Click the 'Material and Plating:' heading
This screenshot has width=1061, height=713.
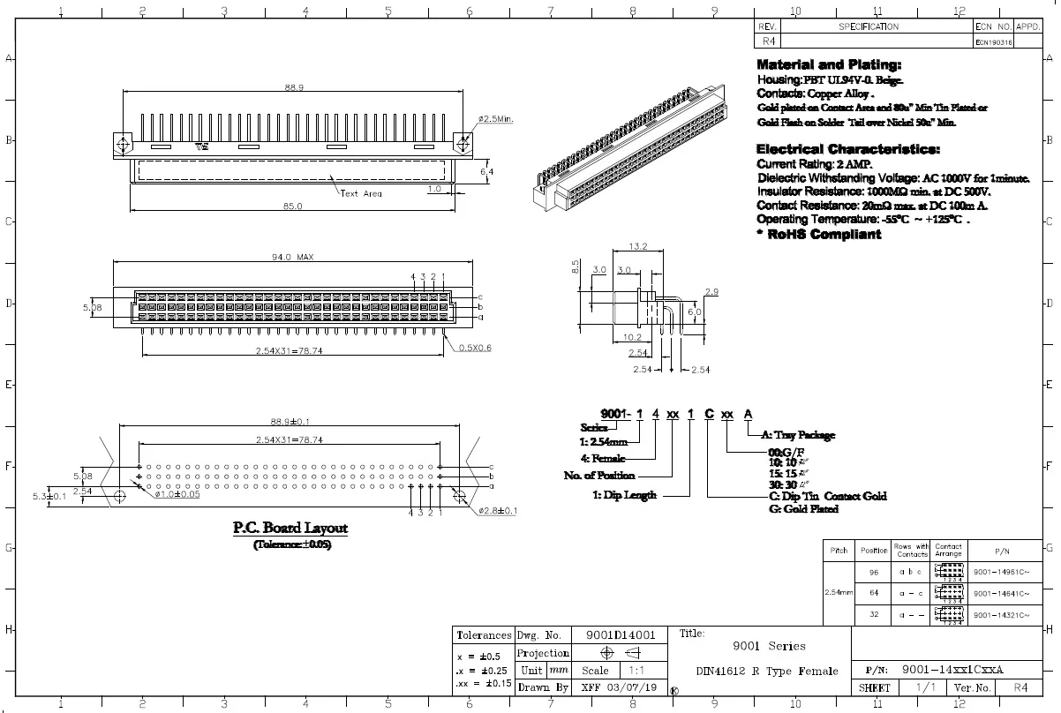tap(829, 65)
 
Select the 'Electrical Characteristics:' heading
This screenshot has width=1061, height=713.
tap(847, 149)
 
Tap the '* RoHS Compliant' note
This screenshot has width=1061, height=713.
tap(818, 235)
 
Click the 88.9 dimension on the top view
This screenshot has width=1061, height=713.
tap(294, 88)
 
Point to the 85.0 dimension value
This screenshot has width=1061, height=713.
tap(292, 206)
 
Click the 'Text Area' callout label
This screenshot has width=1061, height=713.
tap(361, 193)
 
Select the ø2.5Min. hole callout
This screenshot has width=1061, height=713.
tap(496, 118)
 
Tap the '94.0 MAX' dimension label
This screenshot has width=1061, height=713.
tap(293, 258)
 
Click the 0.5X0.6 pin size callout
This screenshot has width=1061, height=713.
tap(474, 348)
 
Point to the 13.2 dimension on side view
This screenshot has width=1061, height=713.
tap(638, 246)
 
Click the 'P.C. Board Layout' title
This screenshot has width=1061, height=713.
tap(290, 529)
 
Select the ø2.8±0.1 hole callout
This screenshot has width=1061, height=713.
tap(498, 510)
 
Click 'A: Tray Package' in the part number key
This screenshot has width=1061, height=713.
tap(797, 435)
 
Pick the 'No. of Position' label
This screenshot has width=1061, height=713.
tap(599, 476)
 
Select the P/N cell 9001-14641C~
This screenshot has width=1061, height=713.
tap(1001, 594)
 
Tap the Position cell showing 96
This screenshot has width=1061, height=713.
tap(873, 572)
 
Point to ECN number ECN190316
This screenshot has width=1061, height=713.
tap(993, 41)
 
